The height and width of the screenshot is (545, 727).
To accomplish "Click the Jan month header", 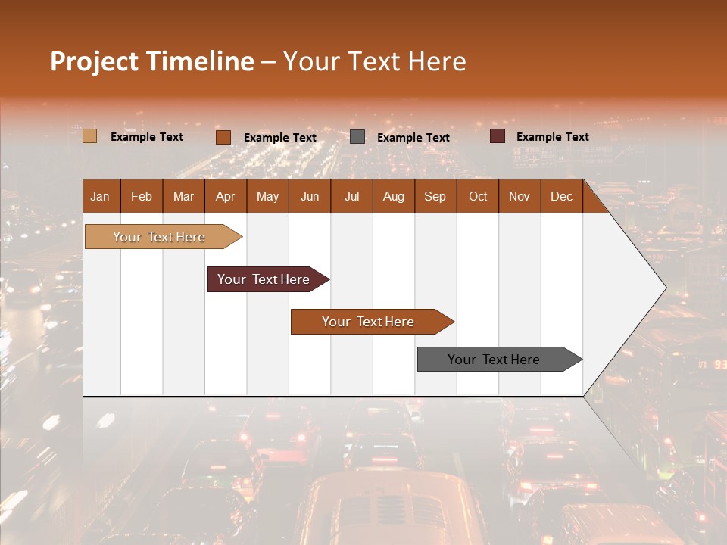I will [x=100, y=196].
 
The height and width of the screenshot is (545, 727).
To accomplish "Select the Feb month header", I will [x=142, y=196].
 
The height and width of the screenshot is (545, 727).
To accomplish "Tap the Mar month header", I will [x=183, y=196].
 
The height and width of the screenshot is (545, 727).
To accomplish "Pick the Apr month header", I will [x=226, y=196].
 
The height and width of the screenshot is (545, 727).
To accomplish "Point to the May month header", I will [x=267, y=196].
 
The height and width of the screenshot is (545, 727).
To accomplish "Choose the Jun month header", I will [x=310, y=196].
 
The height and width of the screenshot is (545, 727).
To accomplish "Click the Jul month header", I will [x=351, y=196].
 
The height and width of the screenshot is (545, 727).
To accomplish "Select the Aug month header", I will [x=394, y=196].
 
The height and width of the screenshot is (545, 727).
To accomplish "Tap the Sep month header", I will [x=435, y=196].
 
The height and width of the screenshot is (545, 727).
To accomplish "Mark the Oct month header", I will [x=478, y=196].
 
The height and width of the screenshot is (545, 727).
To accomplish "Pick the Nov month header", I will [x=520, y=196].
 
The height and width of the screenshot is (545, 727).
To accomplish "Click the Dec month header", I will [x=562, y=196].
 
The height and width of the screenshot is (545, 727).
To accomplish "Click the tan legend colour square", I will [x=90, y=136].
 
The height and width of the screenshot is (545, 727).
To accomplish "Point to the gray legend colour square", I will [x=357, y=136].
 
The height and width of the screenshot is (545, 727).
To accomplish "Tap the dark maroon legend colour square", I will [x=498, y=136].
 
